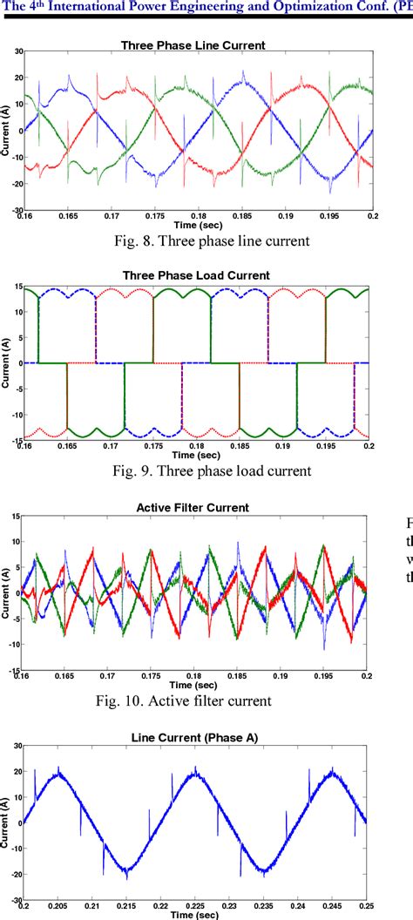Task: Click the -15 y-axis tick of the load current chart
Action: (x=17, y=440)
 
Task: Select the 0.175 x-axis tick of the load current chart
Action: (x=153, y=447)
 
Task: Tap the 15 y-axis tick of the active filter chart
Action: (x=17, y=517)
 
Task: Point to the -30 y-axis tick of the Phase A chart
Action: (x=17, y=901)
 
